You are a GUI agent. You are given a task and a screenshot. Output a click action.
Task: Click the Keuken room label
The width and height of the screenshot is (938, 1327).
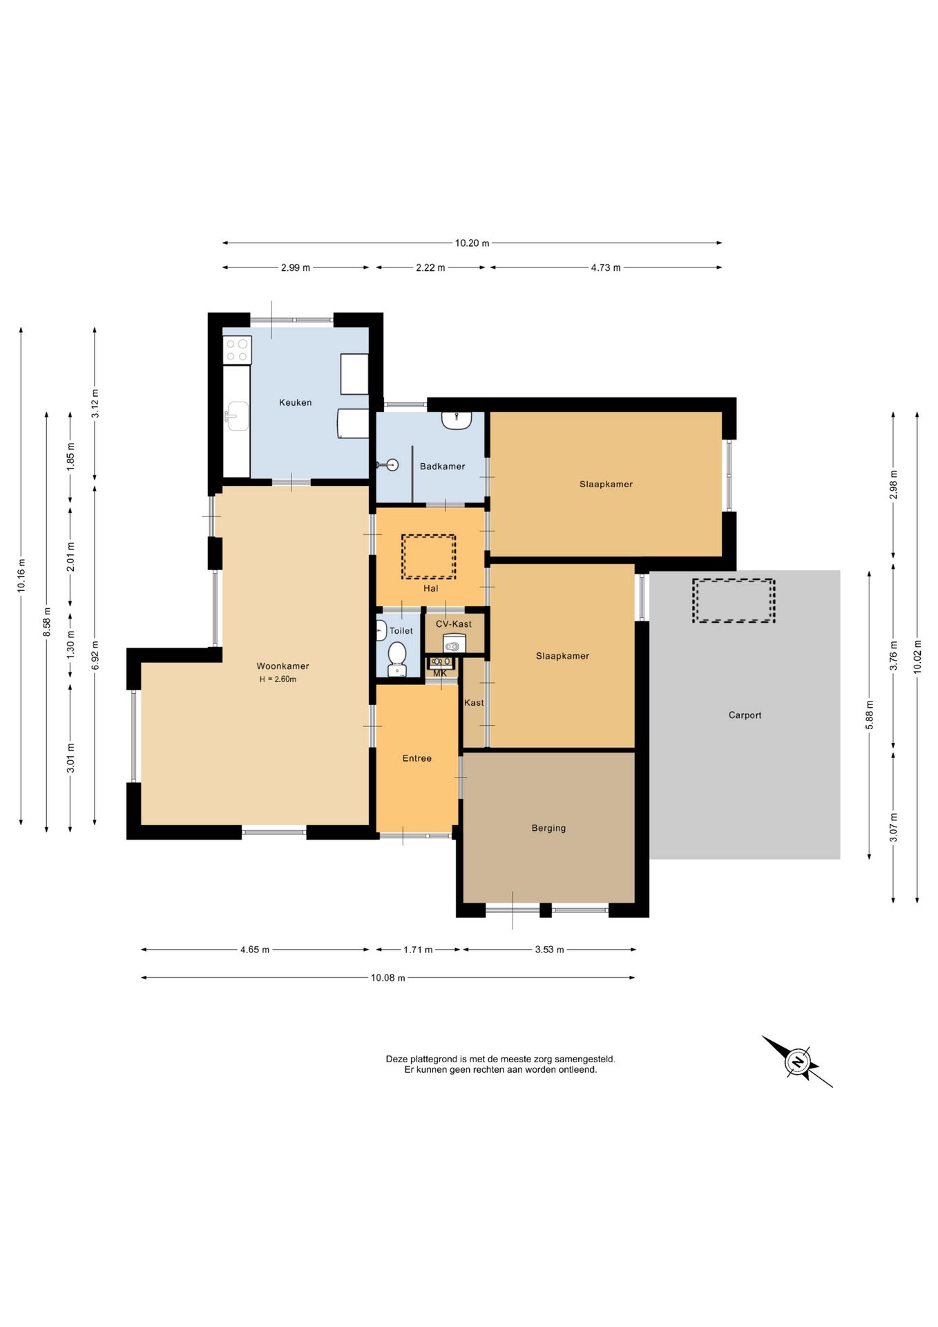tap(295, 402)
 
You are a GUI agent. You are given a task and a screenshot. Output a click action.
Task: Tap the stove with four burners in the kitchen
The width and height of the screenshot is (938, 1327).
tap(237, 350)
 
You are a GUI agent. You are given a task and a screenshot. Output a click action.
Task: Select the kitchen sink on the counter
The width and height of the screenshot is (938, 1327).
tap(237, 416)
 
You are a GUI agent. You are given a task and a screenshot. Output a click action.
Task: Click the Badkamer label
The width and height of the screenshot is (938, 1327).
tap(442, 467)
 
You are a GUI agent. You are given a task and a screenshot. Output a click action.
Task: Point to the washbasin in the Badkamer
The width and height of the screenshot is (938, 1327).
tap(457, 420)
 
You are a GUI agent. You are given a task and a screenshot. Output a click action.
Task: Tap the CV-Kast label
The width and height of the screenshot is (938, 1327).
tap(454, 624)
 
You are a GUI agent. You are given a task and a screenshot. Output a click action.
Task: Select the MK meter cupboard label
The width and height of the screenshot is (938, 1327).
tap(440, 673)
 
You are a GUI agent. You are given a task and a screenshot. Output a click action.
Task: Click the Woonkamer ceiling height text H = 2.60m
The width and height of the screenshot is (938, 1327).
tap(278, 679)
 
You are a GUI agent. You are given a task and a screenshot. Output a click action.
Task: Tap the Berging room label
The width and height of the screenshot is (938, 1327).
tap(548, 828)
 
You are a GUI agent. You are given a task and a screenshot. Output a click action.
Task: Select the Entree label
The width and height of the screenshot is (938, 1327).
tap(417, 758)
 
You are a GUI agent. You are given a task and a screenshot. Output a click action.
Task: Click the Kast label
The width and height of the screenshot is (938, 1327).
tap(474, 703)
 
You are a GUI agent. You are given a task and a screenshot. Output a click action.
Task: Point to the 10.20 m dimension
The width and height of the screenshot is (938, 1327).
tap(472, 243)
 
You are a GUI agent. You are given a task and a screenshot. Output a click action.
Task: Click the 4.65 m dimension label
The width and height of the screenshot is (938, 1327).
tap(255, 950)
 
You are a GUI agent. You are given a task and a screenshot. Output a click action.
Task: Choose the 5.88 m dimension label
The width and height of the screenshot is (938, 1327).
tap(870, 715)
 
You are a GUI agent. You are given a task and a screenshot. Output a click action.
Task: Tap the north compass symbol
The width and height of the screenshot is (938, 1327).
tap(798, 1062)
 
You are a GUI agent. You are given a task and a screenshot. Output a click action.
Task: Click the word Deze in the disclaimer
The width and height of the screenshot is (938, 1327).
tap(396, 1059)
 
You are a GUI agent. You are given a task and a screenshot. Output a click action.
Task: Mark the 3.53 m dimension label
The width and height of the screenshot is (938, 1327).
tap(549, 950)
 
